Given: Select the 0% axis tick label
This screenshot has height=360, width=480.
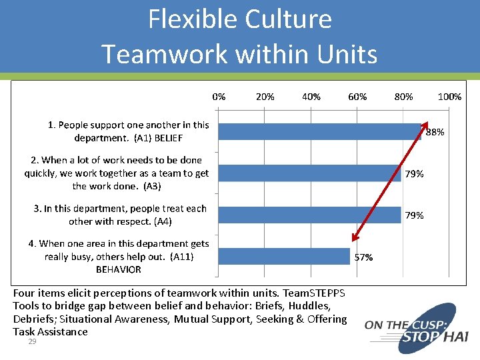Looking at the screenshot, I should (x=219, y=97).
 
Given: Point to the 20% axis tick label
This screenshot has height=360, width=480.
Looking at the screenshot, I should (x=265, y=97).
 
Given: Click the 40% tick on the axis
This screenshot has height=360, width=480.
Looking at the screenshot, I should (x=311, y=97).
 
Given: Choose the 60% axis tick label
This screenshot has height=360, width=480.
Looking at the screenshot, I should (x=357, y=97).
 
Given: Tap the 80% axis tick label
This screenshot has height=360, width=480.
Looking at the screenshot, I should (x=403, y=97).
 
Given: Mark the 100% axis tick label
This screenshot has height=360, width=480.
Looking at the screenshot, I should (x=449, y=97).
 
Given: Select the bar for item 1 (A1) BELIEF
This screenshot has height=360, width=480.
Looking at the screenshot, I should (x=320, y=132).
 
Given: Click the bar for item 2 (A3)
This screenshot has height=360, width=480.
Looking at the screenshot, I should (x=310, y=173).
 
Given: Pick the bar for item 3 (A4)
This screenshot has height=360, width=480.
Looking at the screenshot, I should (x=310, y=215).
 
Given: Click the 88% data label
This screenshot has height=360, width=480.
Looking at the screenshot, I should (x=435, y=133).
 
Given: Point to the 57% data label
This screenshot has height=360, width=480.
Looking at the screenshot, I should (x=363, y=257).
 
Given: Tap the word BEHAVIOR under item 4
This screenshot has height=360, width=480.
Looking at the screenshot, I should (x=119, y=270).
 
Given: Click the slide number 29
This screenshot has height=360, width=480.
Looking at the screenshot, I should (x=31, y=341).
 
